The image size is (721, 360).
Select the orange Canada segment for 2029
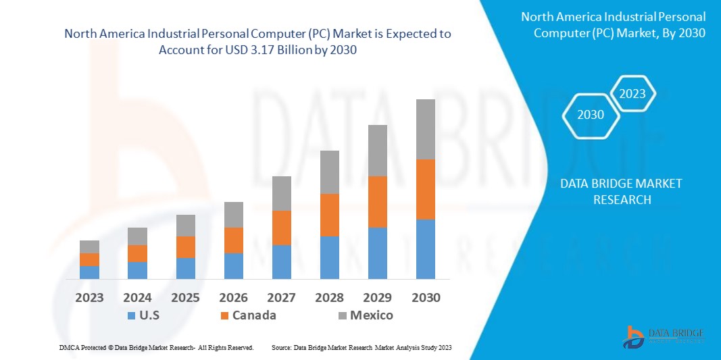click(377, 201)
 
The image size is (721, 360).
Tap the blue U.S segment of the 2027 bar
click(282, 261)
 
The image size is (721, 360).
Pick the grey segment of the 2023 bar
click(89, 247)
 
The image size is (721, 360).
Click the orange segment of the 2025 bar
click(186, 247)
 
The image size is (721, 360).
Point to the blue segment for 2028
click(330, 257)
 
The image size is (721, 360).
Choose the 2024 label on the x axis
click(137, 298)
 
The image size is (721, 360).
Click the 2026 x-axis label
click(234, 298)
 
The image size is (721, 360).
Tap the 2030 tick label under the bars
click(426, 298)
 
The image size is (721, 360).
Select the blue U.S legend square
click(130, 315)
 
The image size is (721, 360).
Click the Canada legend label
click(254, 315)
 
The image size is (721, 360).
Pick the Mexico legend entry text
click(372, 315)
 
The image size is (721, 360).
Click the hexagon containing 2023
click(632, 94)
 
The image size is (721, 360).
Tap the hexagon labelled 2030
click(591, 115)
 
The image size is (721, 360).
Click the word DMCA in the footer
click(69, 347)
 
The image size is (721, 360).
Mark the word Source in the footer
click(281, 347)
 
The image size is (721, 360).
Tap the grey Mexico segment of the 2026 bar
click(234, 215)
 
